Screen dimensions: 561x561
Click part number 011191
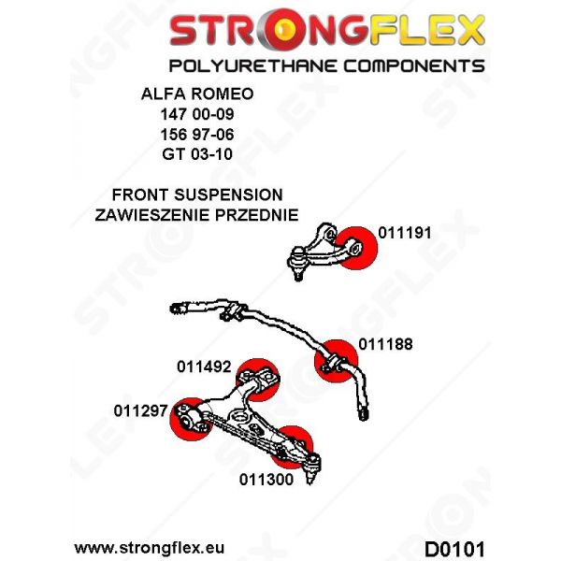[x=405, y=233]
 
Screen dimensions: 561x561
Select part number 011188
[x=385, y=344]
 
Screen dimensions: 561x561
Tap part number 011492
[x=204, y=367]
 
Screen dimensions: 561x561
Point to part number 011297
[x=140, y=410]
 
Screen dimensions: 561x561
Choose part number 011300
[x=266, y=480]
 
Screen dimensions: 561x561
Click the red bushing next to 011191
[x=357, y=248]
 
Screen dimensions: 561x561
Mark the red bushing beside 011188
[x=336, y=361]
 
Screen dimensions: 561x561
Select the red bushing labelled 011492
[x=258, y=380]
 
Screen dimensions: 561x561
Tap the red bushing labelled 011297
[x=191, y=419]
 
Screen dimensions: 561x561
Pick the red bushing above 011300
[x=292, y=447]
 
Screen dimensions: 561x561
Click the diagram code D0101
[x=454, y=549]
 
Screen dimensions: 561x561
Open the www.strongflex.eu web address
[x=150, y=548]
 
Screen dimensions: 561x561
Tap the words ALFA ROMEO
[x=197, y=93]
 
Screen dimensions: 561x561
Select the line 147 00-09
[x=197, y=114]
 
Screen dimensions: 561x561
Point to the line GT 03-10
[x=197, y=154]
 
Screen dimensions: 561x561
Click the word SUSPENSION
[x=228, y=194]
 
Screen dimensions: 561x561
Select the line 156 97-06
[x=197, y=135]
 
